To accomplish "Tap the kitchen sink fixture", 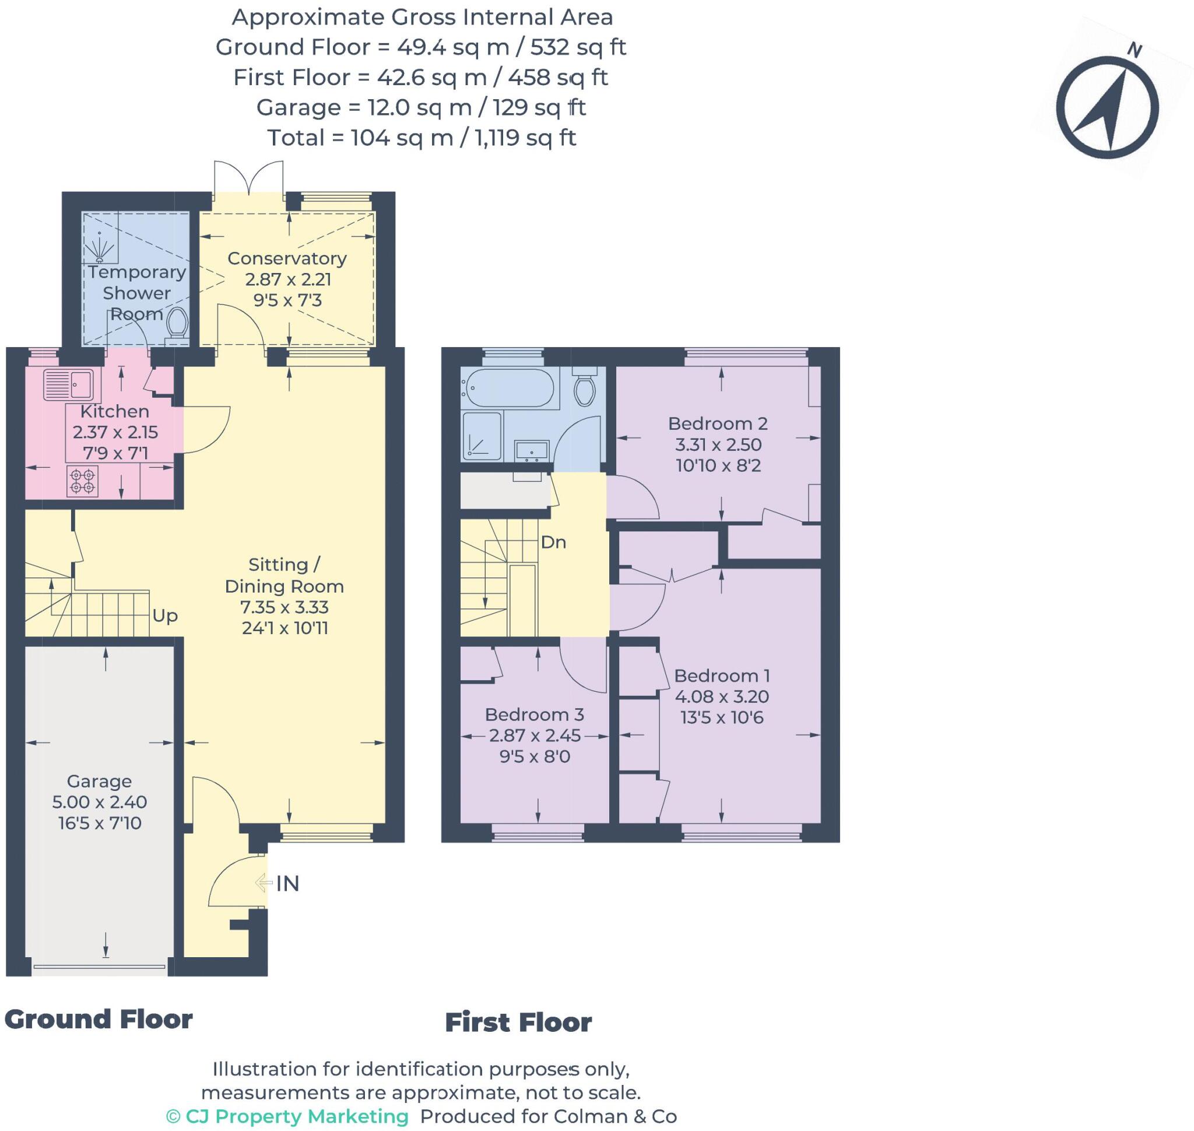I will pos(68,383).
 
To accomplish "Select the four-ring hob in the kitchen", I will pos(83,481).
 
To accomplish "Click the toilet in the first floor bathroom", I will pos(585,388).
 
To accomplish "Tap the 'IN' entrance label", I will pos(287,884).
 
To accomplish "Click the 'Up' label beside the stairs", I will pos(164,615).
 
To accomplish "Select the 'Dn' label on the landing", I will pos(553,542).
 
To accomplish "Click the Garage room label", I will pos(99,782).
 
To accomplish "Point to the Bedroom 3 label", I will pos(534,715).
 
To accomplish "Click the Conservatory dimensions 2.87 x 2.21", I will pos(287,279).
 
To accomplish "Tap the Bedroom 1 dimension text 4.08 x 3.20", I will pos(721,696).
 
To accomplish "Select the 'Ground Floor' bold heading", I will pos(99,1020).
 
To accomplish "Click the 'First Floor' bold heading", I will pos(518,1023).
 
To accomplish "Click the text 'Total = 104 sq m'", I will pos(360,138).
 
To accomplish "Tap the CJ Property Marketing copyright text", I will pos(287,1116).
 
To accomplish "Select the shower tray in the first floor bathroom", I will pos(482,436).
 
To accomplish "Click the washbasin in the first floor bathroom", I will pos(531,450).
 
